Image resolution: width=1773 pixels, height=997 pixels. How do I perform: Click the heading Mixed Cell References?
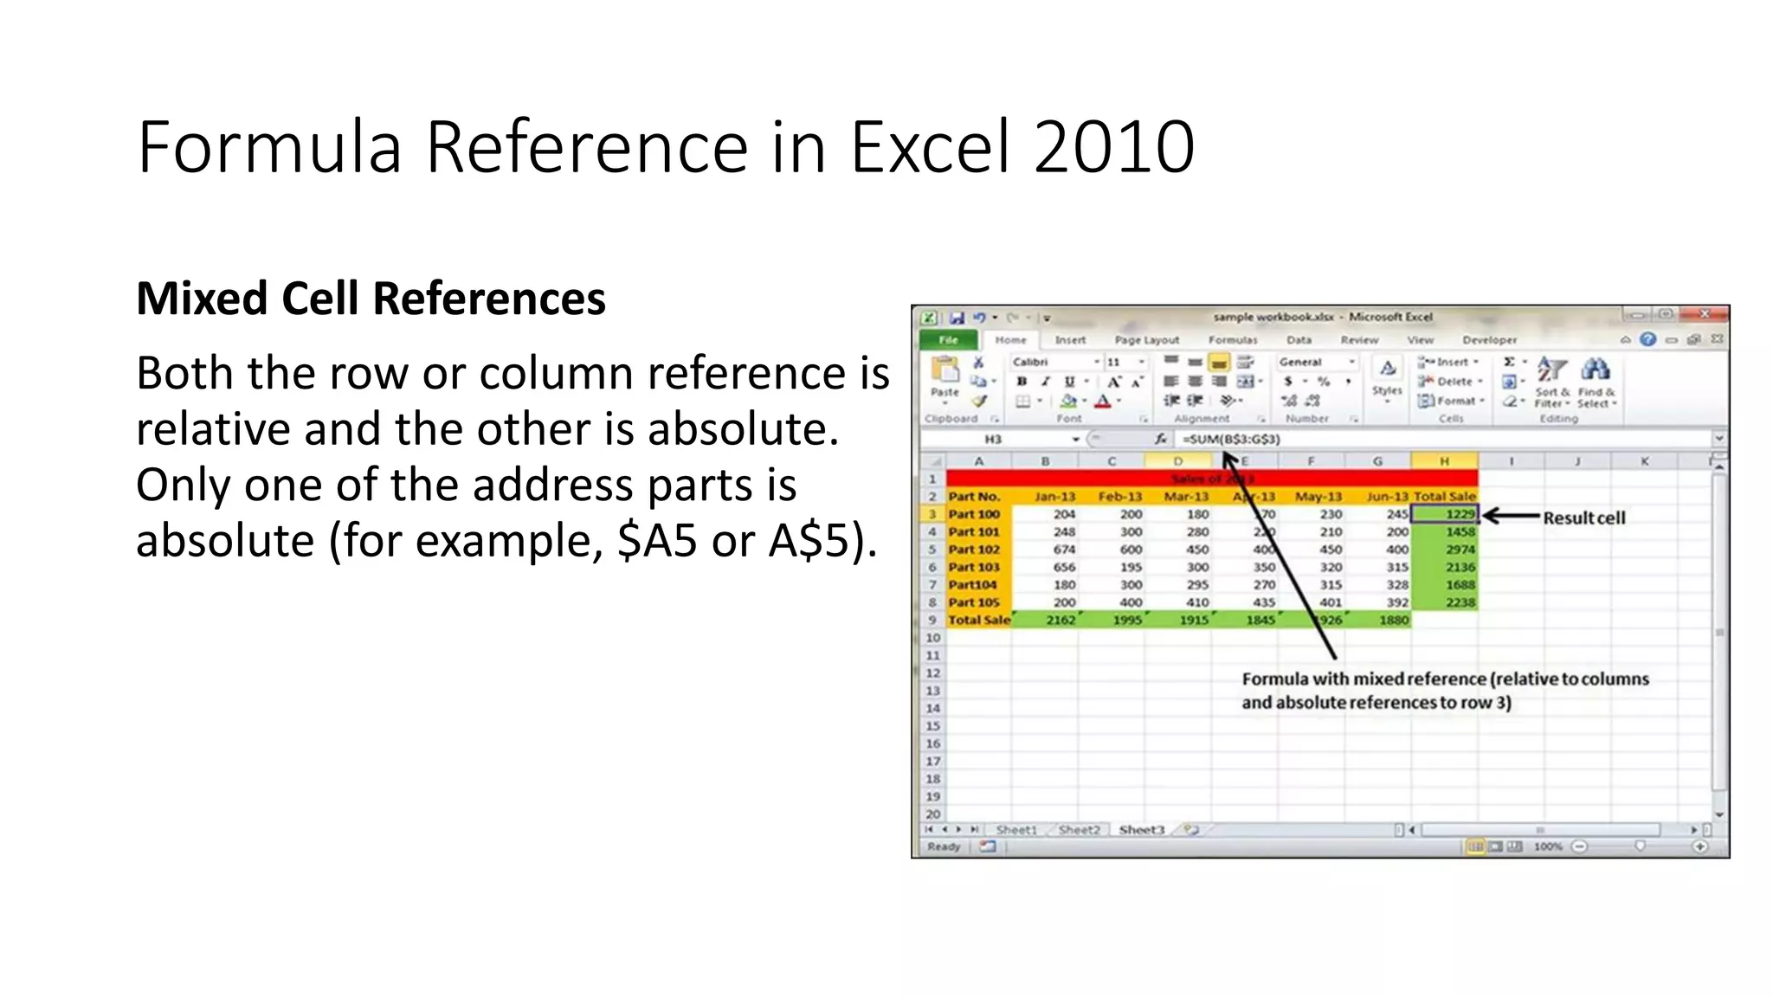click(371, 299)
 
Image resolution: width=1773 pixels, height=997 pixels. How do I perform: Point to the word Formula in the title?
click(269, 147)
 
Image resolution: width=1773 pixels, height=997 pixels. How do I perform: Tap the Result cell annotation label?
click(1583, 518)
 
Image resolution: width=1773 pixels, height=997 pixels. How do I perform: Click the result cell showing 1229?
click(1445, 514)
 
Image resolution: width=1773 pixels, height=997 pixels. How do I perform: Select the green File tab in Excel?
click(948, 340)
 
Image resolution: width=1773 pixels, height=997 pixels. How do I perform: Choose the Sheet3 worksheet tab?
click(1141, 830)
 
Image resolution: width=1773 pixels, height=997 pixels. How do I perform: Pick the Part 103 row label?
click(974, 568)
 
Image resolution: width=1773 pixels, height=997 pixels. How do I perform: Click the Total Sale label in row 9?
click(979, 620)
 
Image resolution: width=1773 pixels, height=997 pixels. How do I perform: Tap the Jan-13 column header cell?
click(1054, 497)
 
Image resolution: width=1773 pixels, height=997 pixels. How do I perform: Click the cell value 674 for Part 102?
click(1064, 550)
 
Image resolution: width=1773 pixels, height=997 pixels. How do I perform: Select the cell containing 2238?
click(1460, 602)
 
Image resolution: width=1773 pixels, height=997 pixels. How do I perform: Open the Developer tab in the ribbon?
click(1489, 340)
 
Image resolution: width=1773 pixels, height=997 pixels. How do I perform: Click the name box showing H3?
click(993, 440)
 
